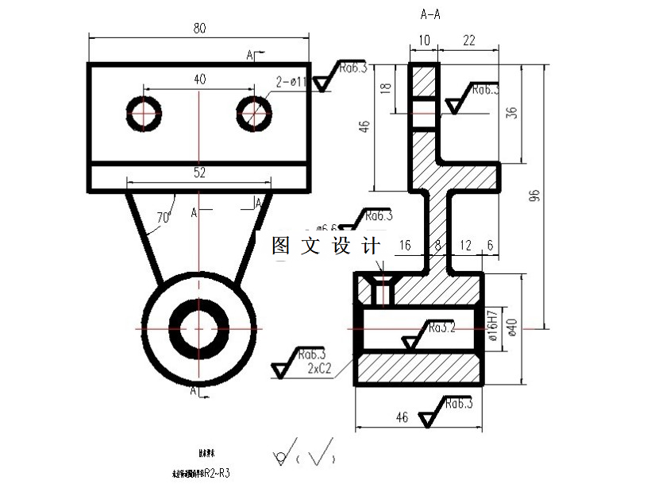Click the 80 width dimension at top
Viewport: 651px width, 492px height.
[199, 28]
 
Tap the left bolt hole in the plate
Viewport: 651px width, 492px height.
[144, 114]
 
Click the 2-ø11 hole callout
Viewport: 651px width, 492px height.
[291, 81]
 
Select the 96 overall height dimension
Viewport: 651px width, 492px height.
[534, 196]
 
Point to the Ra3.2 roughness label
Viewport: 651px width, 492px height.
[441, 327]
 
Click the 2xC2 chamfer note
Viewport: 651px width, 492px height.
[318, 368]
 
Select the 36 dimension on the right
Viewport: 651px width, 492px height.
[511, 112]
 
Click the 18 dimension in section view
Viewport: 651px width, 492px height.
[386, 87]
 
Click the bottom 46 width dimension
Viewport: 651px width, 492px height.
[402, 416]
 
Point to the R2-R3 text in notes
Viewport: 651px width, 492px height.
[217, 474]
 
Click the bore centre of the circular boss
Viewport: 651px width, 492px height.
[198, 328]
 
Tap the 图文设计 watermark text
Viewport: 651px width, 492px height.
[326, 246]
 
